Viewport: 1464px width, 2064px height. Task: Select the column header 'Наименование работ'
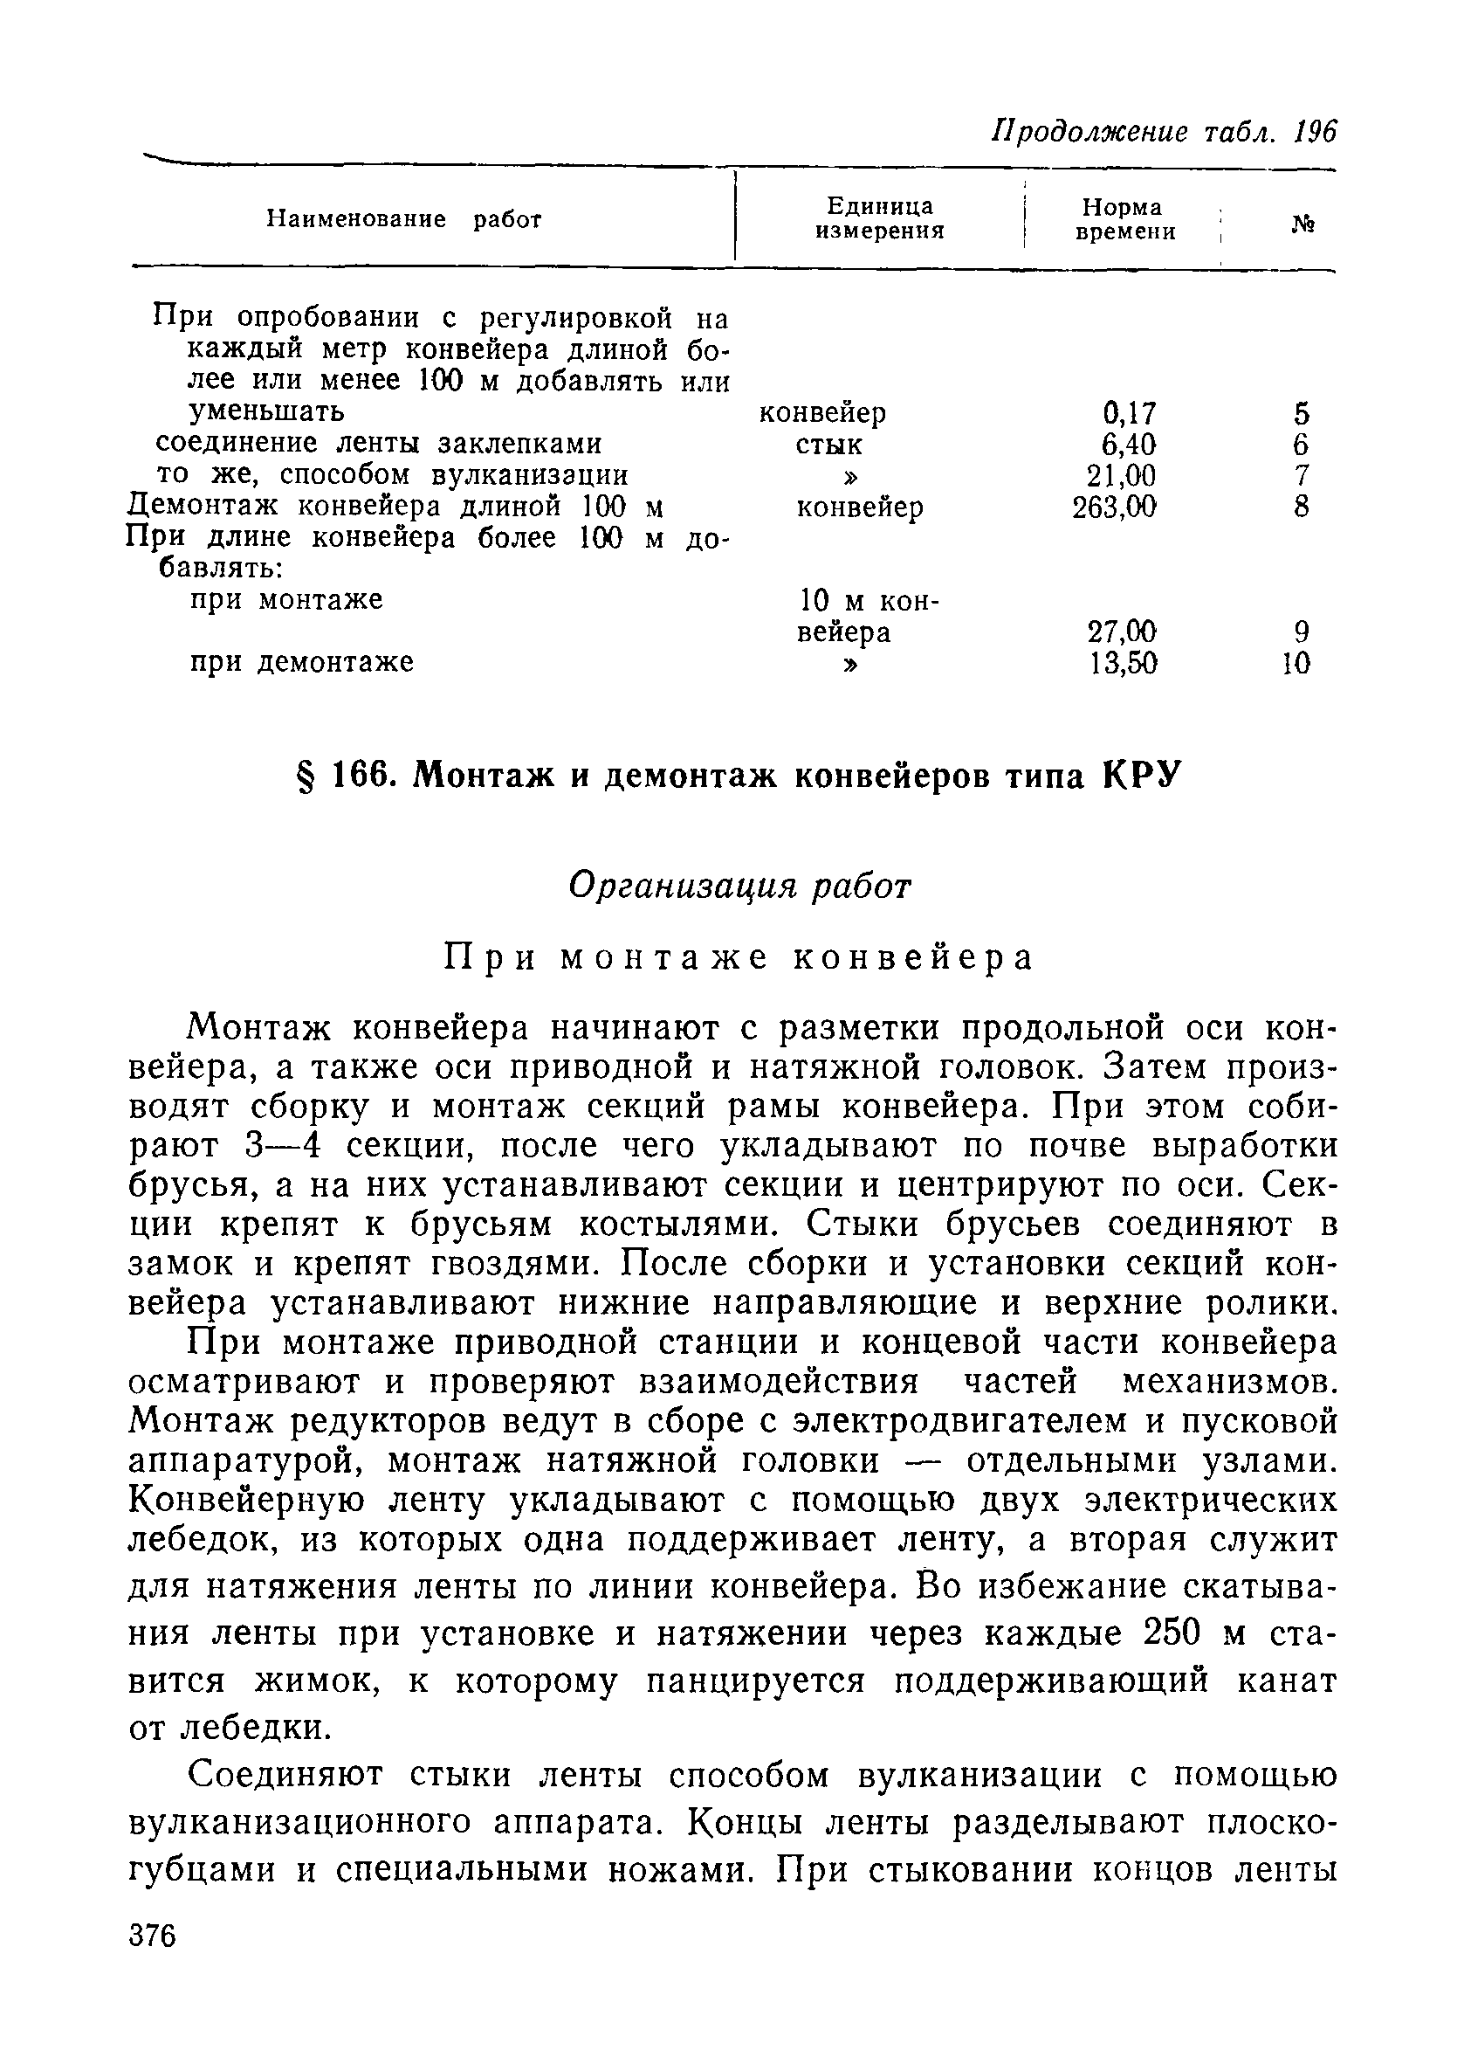click(404, 219)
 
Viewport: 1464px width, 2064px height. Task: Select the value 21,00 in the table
click(1123, 475)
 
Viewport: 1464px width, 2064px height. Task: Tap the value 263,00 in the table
click(1114, 507)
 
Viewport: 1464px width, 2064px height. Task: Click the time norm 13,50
click(1123, 663)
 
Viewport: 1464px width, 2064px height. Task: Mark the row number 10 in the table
click(1296, 664)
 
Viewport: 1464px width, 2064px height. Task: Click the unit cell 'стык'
click(828, 445)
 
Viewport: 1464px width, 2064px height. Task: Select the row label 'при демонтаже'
click(302, 662)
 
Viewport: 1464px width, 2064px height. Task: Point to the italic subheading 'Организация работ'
click(740, 887)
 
